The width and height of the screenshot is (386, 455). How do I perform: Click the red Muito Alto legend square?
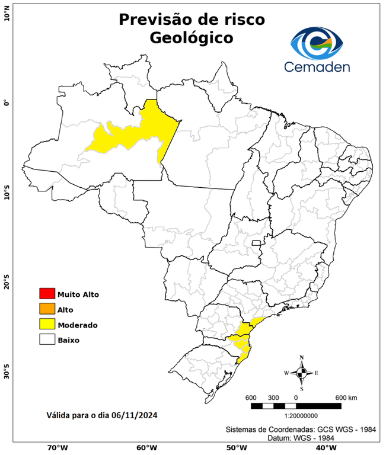(x=47, y=294)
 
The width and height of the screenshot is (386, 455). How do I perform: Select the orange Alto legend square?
(x=47, y=309)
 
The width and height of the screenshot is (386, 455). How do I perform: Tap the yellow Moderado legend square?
(x=47, y=325)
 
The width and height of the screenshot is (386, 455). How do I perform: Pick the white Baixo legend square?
(x=47, y=340)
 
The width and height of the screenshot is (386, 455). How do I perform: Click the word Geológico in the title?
(x=192, y=38)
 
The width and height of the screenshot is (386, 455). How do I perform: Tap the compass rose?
(x=301, y=373)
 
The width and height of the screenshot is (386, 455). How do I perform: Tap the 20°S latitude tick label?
(x=7, y=283)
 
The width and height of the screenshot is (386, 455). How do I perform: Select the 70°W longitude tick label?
(x=57, y=448)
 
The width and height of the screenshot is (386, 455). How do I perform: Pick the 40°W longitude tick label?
(x=324, y=448)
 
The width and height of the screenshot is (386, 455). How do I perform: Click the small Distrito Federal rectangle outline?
(x=257, y=242)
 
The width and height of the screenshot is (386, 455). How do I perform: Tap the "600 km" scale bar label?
(x=346, y=397)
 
